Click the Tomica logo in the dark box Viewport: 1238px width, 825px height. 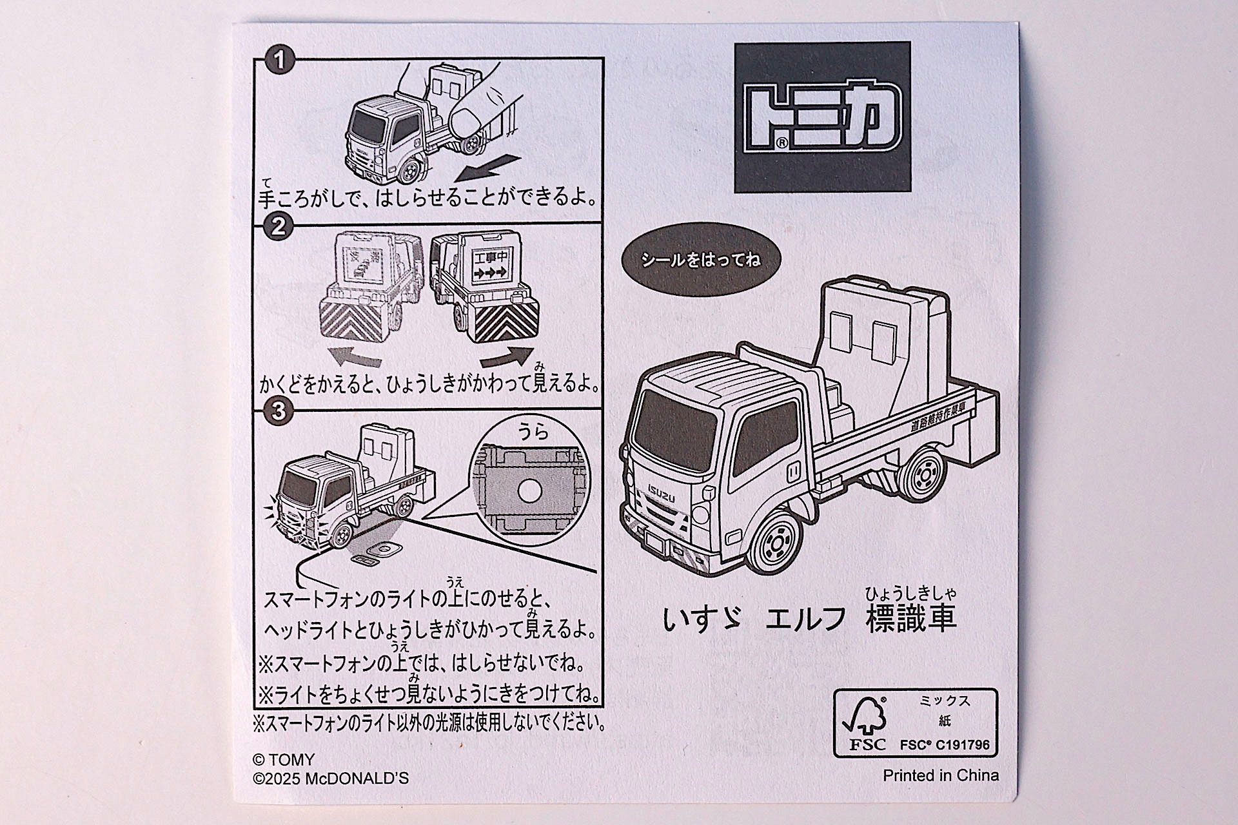pyautogui.click(x=822, y=117)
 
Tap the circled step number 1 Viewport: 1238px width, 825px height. pyautogui.click(x=279, y=61)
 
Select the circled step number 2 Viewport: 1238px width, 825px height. pyautogui.click(x=279, y=227)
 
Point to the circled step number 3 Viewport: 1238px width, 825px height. pyautogui.click(x=279, y=411)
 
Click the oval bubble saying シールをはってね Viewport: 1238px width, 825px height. pyautogui.click(x=700, y=260)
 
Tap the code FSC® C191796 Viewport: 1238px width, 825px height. pyautogui.click(x=945, y=745)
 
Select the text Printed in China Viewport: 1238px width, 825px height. pyautogui.click(x=941, y=775)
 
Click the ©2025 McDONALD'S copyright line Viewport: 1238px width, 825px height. pyautogui.click(x=331, y=779)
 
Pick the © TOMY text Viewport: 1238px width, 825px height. pyautogui.click(x=284, y=760)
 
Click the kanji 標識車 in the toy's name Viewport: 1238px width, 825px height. pyautogui.click(x=911, y=618)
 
